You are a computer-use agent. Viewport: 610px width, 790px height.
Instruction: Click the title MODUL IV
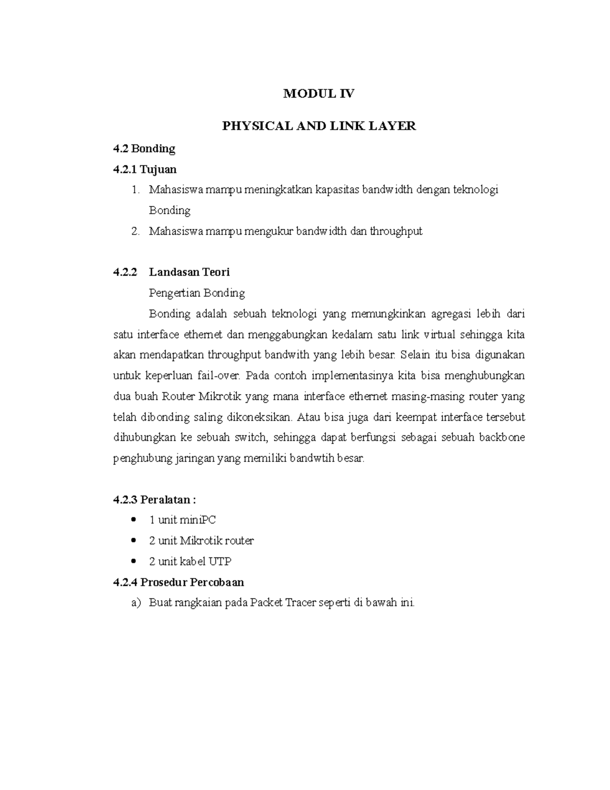pos(319,93)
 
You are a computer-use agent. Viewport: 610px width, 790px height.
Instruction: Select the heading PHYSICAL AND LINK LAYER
pos(319,126)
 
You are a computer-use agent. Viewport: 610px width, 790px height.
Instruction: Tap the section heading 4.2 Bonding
pos(144,149)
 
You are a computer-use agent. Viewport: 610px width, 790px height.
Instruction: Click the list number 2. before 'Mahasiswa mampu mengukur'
pos(135,231)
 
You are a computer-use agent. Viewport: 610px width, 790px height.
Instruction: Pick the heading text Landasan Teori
pos(189,272)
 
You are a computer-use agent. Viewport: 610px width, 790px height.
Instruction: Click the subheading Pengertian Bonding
pos(197,293)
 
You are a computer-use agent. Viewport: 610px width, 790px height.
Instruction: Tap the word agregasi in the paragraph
pos(451,314)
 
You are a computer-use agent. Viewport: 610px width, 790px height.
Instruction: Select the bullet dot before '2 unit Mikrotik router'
pos(134,540)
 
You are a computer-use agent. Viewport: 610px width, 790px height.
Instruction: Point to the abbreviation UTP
pos(220,561)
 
